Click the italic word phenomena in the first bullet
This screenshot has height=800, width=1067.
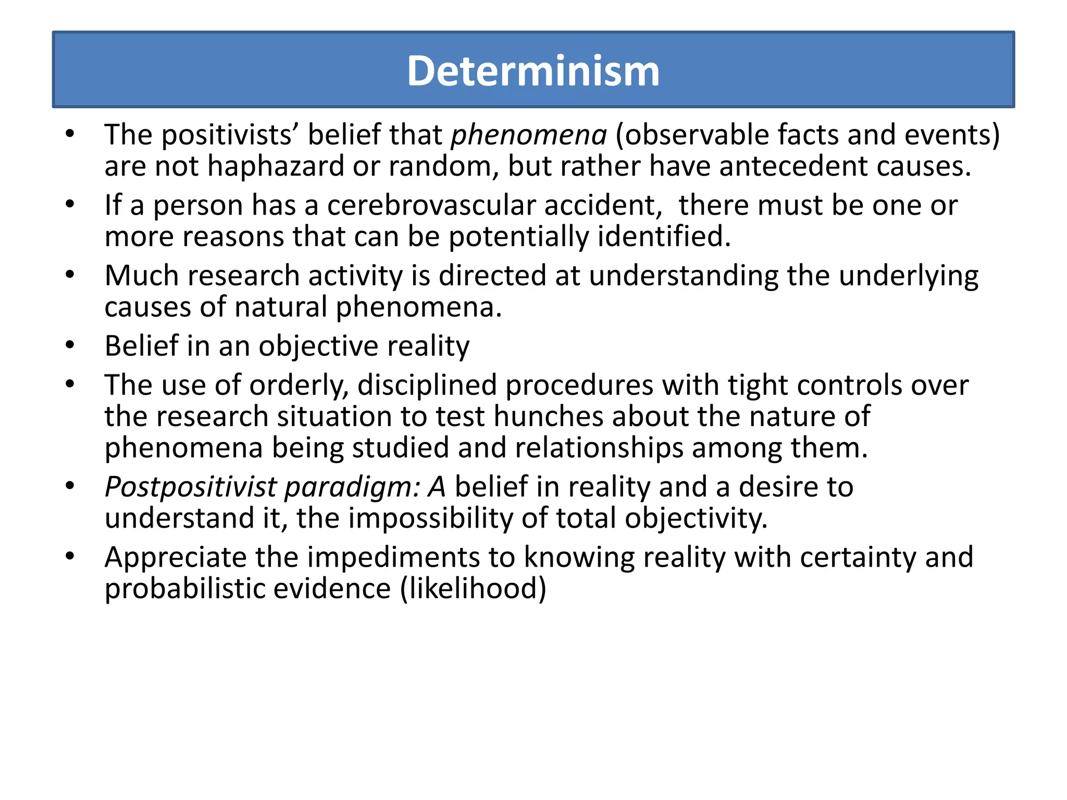tap(529, 135)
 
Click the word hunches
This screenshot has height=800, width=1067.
tap(548, 417)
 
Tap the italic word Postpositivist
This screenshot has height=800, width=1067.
tap(190, 488)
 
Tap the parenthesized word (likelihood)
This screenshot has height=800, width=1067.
tap(473, 589)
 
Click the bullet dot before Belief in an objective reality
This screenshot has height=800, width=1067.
tap(70, 346)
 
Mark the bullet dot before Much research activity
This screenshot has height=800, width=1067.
tap(70, 275)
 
